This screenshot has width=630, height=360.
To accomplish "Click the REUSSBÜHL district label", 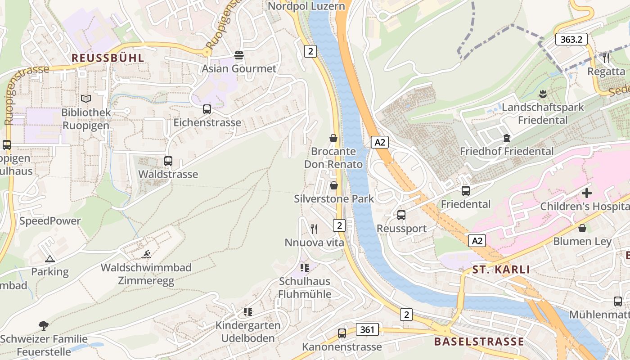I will [x=108, y=58].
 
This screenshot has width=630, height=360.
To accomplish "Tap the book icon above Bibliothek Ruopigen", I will [x=85, y=98].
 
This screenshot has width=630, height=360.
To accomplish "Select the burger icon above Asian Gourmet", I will [x=238, y=55].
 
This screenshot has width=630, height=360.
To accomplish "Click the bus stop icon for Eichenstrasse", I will [x=207, y=109].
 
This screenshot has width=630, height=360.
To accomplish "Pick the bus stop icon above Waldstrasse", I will [x=168, y=161].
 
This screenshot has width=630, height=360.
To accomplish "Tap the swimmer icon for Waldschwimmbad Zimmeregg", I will [x=146, y=254].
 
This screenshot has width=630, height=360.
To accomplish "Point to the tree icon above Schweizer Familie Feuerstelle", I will [x=44, y=325].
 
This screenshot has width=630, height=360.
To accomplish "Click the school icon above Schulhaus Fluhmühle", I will [x=305, y=268].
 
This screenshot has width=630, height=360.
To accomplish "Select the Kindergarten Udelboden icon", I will [x=247, y=311].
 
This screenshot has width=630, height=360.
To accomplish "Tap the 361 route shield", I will [x=367, y=329].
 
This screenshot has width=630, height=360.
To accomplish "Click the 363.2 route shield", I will [x=571, y=39].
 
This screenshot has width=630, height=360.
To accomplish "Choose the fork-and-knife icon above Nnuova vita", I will [x=314, y=229].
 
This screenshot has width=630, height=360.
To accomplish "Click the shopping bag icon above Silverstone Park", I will [x=333, y=185].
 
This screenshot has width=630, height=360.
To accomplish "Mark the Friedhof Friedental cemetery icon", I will [x=507, y=138].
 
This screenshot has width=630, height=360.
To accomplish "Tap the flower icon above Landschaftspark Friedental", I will [x=543, y=94].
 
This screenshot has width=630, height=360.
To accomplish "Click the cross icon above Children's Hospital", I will [x=586, y=193].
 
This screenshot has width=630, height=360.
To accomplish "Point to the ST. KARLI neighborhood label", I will [x=501, y=270].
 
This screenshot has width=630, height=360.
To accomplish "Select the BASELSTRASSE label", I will [x=479, y=342].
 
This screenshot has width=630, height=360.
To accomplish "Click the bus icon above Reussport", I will [x=401, y=215].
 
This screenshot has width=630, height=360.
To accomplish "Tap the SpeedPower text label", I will [x=50, y=221].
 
